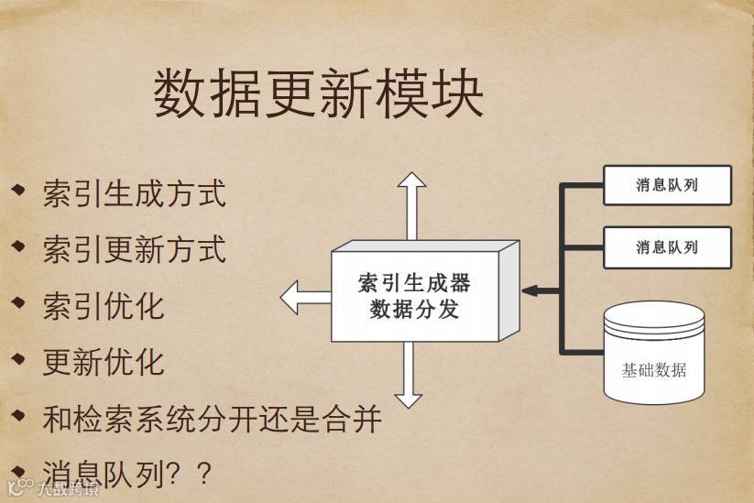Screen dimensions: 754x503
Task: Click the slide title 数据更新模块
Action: tap(317, 93)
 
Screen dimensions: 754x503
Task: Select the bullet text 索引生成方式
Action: tap(134, 194)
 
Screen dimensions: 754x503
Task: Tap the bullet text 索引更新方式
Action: tap(134, 249)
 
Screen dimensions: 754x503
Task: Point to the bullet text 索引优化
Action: tap(104, 305)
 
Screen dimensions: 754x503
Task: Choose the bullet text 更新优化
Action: tap(104, 362)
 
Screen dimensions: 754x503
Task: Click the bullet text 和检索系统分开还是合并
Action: tap(212, 419)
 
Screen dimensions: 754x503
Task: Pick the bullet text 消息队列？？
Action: tap(127, 474)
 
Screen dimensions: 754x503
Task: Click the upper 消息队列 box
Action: tap(667, 185)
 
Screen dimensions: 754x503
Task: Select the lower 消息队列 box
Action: tap(667, 247)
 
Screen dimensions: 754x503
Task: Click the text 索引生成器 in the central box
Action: tap(414, 281)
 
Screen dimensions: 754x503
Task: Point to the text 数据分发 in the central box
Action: tap(414, 309)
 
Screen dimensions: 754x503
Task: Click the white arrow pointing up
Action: tap(410, 203)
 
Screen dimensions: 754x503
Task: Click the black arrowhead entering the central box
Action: tap(530, 291)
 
